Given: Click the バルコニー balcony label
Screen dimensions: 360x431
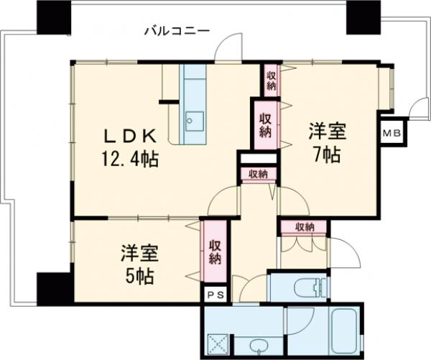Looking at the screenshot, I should click(176, 31).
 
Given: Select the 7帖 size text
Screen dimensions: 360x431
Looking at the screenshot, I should click(327, 154).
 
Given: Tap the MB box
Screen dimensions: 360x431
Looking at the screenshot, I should click(391, 133).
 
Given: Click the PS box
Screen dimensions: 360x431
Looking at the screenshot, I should click(214, 295).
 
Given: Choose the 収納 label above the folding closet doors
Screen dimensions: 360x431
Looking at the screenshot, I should click(304, 227).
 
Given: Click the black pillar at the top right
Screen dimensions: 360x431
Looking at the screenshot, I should click(362, 16).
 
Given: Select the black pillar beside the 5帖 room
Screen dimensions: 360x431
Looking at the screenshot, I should click(54, 287).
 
